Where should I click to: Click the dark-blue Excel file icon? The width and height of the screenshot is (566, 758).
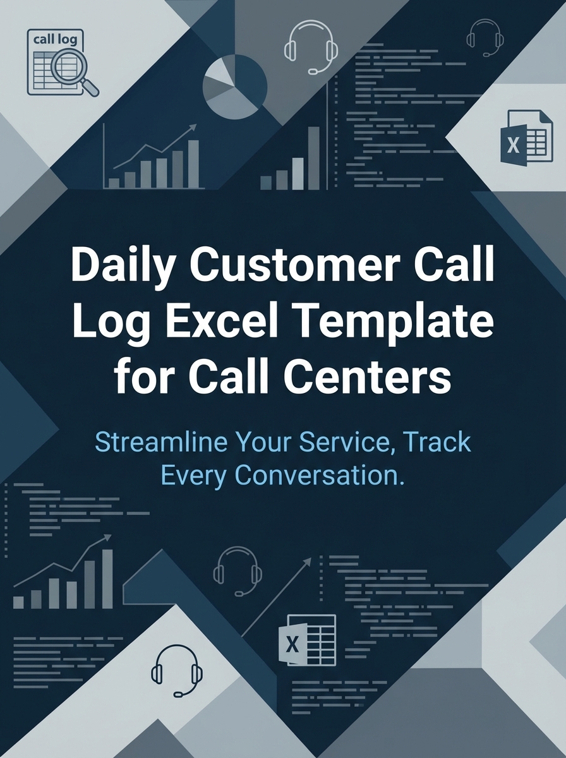coord(522,137)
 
